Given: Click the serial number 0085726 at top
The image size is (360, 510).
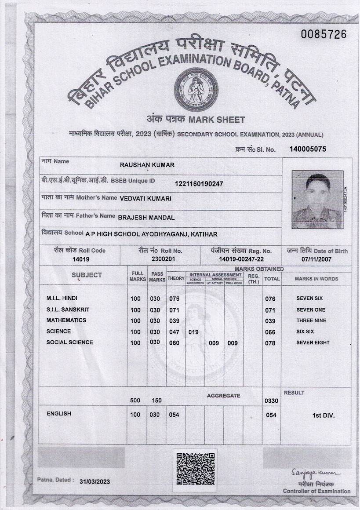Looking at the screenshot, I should click(324, 34).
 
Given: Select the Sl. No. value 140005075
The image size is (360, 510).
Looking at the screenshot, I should click(308, 149).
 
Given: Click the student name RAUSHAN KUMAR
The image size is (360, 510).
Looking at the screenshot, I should click(147, 165).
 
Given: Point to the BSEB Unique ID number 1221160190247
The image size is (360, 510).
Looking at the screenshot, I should click(199, 184).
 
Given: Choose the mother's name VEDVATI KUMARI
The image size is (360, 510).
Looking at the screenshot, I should click(145, 198).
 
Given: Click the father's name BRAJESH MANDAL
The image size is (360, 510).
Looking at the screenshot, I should click(146, 217).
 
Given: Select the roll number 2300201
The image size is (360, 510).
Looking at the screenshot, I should click(163, 259).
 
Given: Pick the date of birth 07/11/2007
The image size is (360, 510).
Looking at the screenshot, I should click(316, 259).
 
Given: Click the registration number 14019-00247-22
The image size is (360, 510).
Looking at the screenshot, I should click(241, 259).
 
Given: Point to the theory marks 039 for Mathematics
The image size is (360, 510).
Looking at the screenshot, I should click(175, 321).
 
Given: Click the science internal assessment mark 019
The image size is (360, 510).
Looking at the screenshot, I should click(193, 332).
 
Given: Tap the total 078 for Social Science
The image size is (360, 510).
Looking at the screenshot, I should click(270, 343).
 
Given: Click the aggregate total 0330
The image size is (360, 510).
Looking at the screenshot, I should click(271, 401).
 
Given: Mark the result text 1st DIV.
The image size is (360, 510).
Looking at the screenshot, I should click(323, 415).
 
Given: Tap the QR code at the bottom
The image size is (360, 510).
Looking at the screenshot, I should click(196, 469).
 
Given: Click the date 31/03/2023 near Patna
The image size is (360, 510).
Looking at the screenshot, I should click(95, 481).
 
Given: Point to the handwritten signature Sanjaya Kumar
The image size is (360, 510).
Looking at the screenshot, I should click(315, 473).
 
